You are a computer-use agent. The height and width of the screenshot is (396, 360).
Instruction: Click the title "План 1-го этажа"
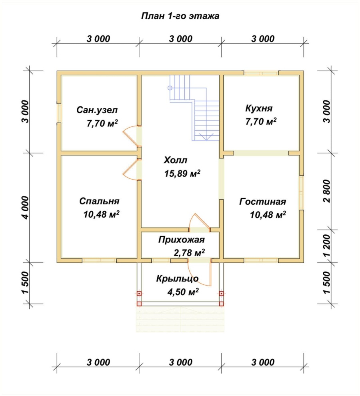tap(180, 16)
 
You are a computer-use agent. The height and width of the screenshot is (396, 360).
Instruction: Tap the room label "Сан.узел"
tap(97, 110)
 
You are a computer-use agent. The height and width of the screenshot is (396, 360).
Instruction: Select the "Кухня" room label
tap(259, 108)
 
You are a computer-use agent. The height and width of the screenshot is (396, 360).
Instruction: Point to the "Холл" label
tap(176, 160)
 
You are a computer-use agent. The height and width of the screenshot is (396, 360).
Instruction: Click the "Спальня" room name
tap(99, 201)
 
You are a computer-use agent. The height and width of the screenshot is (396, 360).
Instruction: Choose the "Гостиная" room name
tap(263, 202)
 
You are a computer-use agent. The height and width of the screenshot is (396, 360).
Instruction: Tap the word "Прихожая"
tap(181, 240)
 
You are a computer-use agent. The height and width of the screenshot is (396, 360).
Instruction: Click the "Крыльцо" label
tap(177, 278)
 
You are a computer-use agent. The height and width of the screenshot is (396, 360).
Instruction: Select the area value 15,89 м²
tap(182, 173)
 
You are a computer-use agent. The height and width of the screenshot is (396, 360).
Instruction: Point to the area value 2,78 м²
tap(189, 252)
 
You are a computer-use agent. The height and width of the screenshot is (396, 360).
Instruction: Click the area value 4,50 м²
tap(183, 292)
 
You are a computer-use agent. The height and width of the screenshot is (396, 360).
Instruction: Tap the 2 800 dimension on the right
tap(327, 191)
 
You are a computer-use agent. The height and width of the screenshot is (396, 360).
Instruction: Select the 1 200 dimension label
tap(327, 246)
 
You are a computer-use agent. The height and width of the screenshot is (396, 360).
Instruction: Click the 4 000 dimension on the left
tap(26, 208)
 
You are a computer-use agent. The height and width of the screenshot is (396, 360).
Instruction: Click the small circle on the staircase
tap(170, 88)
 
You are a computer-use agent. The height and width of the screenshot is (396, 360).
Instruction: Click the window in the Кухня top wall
tap(261, 73)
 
